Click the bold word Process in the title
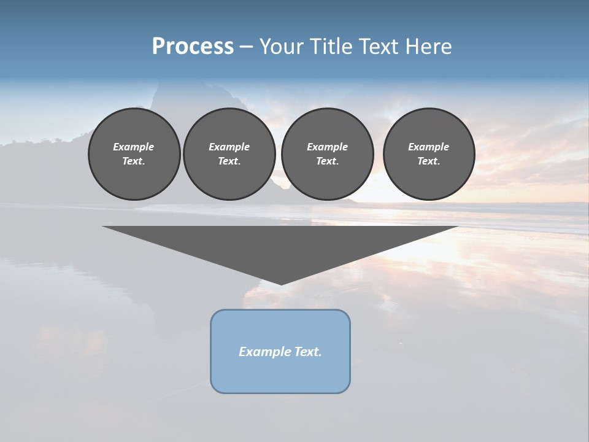point(193,46)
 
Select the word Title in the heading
point(333,46)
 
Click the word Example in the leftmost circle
point(134,147)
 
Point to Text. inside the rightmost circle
point(429,161)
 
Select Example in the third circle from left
point(327,147)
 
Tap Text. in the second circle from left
point(229,161)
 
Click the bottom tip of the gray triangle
point(281,283)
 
